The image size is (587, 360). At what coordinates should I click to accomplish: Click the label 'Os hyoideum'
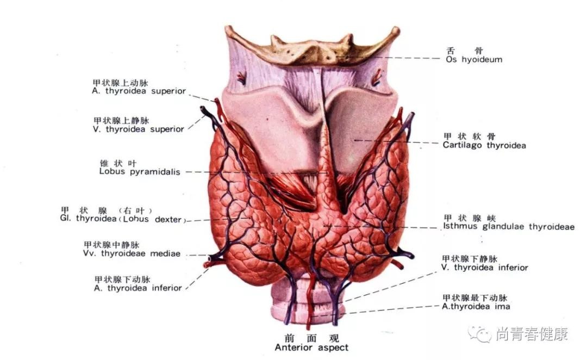[x=474, y=60]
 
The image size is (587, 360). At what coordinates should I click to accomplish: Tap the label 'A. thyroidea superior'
[x=139, y=91]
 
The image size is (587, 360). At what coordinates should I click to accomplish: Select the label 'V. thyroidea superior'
[x=139, y=129]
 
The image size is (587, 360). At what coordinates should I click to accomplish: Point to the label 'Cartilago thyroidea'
[x=484, y=145]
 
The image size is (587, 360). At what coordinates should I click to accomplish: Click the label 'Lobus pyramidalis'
[x=140, y=172]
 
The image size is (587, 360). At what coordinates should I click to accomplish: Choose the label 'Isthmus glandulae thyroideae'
[x=509, y=227]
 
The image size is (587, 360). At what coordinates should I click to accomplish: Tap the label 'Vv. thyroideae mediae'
[x=132, y=253]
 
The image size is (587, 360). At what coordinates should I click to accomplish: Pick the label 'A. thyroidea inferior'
[x=138, y=288]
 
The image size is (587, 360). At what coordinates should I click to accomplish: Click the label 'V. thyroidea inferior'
[x=484, y=268]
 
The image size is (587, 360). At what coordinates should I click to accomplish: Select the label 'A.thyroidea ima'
[x=476, y=306]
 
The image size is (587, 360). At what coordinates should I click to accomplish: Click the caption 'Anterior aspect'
[x=311, y=347]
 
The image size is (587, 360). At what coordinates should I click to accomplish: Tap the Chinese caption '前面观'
[x=311, y=338]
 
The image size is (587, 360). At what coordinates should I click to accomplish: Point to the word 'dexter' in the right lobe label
[x=168, y=219]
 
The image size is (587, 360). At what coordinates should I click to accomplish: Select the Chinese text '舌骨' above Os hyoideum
[x=464, y=51]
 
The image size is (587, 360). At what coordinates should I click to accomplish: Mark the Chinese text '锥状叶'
[x=118, y=163]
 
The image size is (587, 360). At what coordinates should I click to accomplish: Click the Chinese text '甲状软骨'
[x=470, y=136]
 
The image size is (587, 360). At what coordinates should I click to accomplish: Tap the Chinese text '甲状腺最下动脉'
[x=474, y=298]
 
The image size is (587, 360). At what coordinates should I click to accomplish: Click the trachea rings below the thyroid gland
[x=308, y=300]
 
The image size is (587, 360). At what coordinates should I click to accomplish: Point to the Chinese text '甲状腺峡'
[x=470, y=218]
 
